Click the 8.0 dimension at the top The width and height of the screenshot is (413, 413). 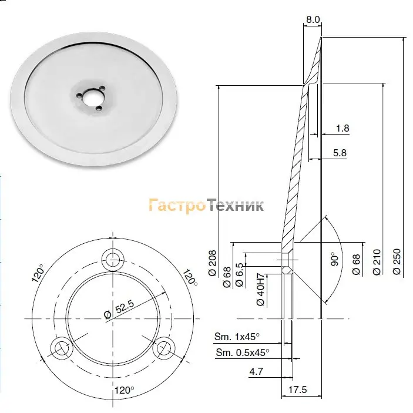[313, 19]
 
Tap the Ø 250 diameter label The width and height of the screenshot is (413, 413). [397, 261]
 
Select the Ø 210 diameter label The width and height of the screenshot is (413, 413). [377, 262]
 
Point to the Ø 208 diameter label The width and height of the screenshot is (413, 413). [212, 263]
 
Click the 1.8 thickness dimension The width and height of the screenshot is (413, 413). [343, 128]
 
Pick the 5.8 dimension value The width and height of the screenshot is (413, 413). [340, 153]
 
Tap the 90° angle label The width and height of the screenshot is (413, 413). [334, 259]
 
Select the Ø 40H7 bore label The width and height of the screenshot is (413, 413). [260, 290]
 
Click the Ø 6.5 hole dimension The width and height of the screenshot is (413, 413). [239, 274]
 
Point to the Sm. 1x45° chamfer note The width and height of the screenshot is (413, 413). [237, 337]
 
